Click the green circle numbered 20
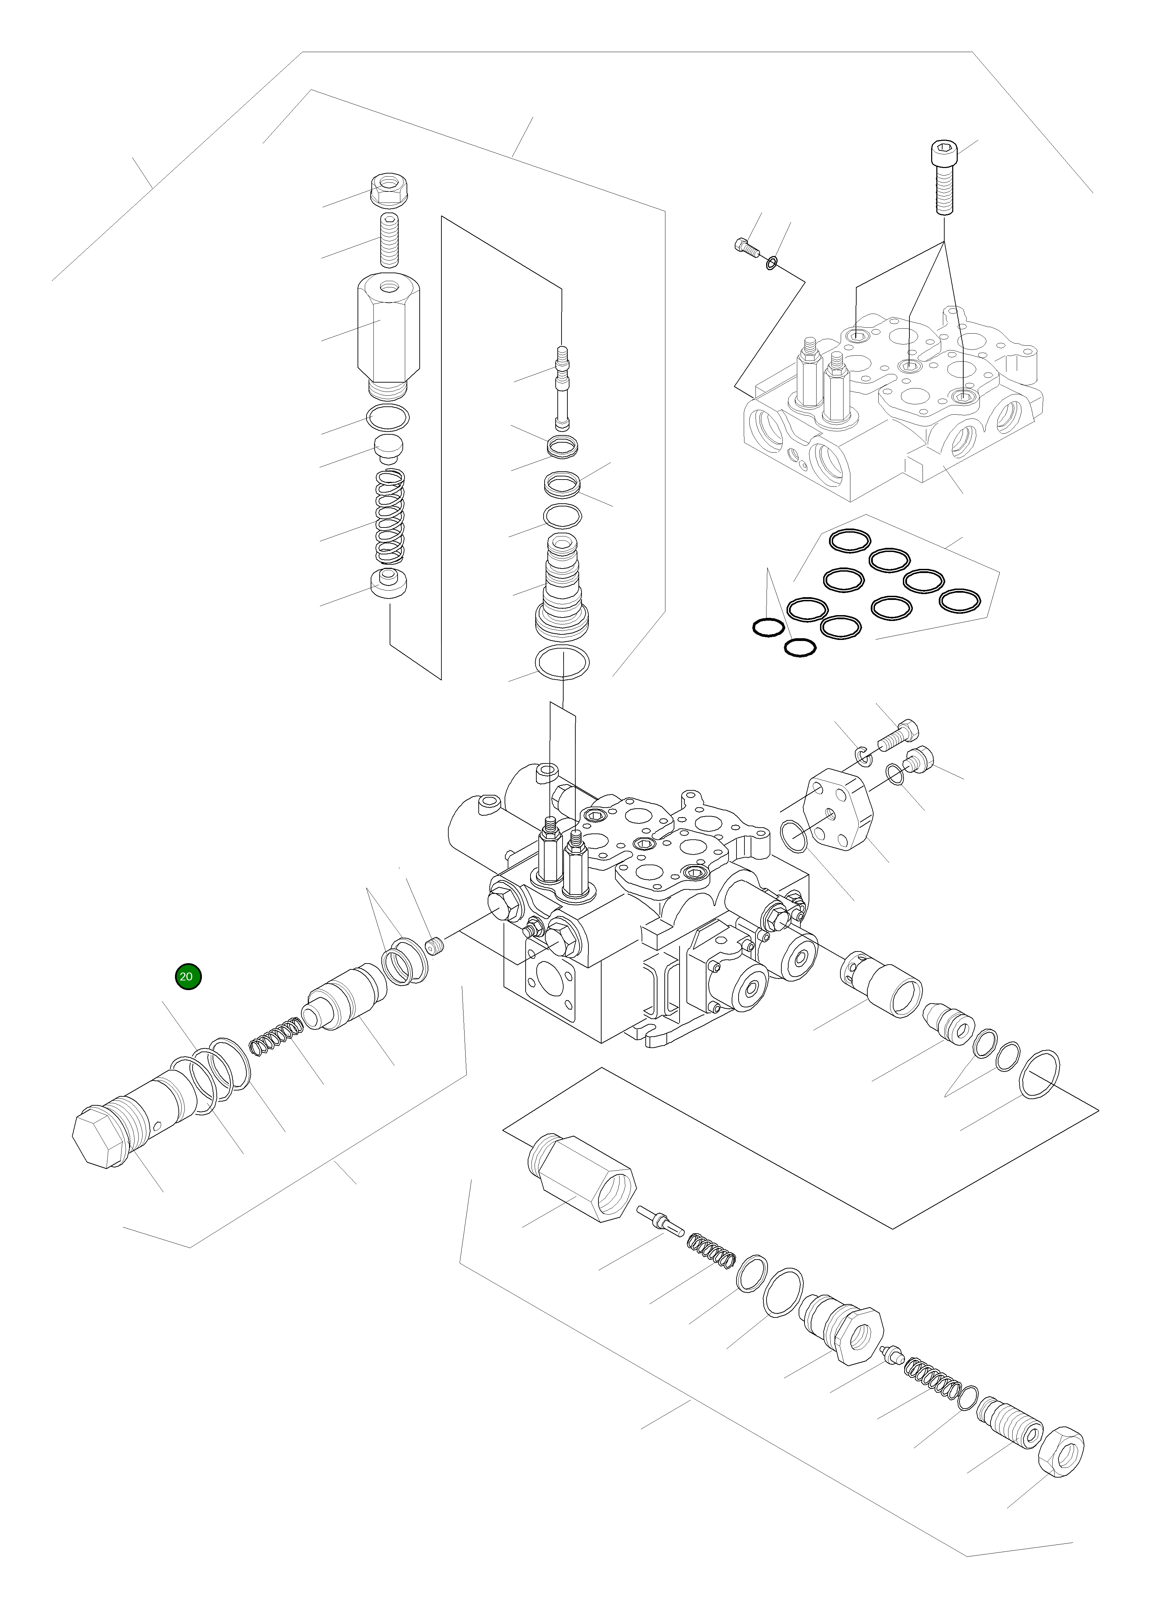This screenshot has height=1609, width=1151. [x=188, y=976]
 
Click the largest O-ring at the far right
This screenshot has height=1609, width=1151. [x=1040, y=1075]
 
